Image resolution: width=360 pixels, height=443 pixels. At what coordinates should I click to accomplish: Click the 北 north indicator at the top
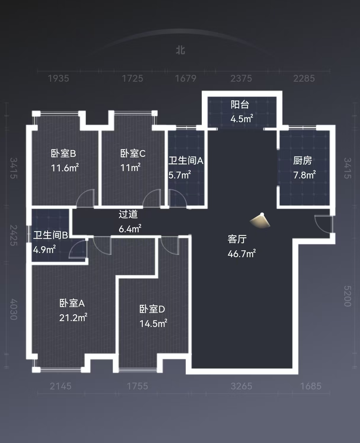(x=180, y=50)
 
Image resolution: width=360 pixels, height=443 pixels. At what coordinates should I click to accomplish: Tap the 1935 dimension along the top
(x=58, y=78)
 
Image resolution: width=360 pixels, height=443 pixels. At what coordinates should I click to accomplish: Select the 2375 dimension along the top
(x=241, y=78)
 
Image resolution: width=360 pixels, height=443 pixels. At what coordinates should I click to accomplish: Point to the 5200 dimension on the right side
(x=347, y=296)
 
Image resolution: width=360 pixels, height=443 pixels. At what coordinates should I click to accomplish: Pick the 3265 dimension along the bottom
(x=241, y=386)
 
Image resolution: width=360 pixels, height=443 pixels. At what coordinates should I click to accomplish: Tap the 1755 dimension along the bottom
(x=137, y=386)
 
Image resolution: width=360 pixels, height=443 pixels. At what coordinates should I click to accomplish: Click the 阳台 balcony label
(x=240, y=104)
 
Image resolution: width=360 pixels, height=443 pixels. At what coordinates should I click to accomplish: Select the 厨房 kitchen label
(x=303, y=160)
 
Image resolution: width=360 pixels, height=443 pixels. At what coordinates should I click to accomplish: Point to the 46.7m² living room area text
(x=242, y=254)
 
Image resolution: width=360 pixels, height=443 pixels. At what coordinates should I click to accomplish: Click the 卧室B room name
(x=64, y=153)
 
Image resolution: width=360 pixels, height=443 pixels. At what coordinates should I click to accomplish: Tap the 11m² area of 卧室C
(x=130, y=168)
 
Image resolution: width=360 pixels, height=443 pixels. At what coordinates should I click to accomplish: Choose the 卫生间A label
(x=186, y=160)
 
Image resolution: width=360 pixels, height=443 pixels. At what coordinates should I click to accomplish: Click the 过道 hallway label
(x=128, y=214)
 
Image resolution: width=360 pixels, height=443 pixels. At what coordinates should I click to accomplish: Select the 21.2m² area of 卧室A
(x=73, y=318)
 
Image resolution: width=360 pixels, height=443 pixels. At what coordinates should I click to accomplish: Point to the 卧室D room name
(x=152, y=309)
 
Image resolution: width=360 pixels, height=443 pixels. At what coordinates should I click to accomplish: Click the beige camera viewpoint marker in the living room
(x=260, y=220)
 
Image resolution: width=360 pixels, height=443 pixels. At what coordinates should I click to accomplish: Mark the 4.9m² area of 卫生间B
(x=44, y=250)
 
